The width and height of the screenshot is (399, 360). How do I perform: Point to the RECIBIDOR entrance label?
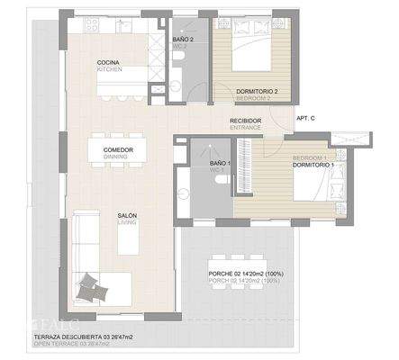tap(245, 121)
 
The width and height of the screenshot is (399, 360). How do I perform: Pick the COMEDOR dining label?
tap(119, 150)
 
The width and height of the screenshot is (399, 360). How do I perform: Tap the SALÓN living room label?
tap(127, 216)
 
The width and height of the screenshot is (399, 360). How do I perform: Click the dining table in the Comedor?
tap(119, 151)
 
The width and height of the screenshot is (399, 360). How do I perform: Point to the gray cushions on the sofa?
tap(89, 287)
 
